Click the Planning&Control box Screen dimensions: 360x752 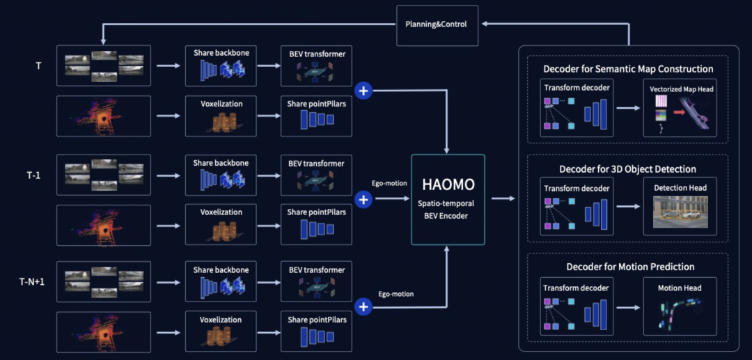[x=437, y=24]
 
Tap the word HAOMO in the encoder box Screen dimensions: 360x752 [x=448, y=185]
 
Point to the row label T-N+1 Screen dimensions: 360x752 [x=32, y=281]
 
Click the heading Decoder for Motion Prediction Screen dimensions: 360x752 [x=630, y=267]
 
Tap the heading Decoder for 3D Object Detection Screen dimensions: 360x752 [x=627, y=169]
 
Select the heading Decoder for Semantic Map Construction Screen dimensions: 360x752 [x=628, y=69]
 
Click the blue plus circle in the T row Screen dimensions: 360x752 [x=363, y=90]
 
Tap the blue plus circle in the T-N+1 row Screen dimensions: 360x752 [x=363, y=306]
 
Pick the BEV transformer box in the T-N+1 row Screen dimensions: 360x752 [x=316, y=281]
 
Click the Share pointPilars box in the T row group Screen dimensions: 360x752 [x=316, y=115]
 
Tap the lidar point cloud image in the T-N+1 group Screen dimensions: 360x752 [x=103, y=331]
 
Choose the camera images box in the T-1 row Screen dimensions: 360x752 [x=103, y=174]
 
